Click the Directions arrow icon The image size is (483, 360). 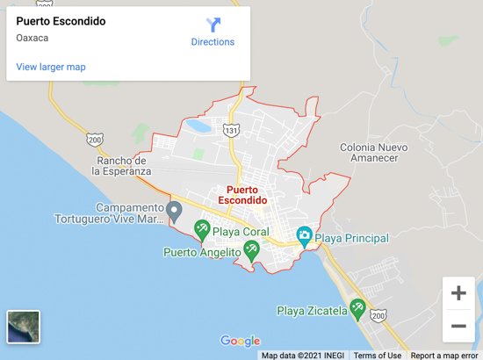click(x=213, y=25)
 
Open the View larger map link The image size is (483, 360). click(x=51, y=67)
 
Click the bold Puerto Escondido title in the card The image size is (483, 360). click(x=61, y=21)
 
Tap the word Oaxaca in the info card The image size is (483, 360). click(x=32, y=38)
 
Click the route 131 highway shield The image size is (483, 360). click(x=231, y=130)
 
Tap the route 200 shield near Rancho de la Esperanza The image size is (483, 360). click(x=95, y=139)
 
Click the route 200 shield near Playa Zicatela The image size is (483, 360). click(x=378, y=315)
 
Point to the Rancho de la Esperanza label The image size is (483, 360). click(x=122, y=166)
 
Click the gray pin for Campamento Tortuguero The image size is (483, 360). click(x=174, y=211)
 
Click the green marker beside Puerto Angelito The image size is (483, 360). click(x=251, y=250)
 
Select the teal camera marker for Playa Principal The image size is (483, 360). click(x=304, y=235)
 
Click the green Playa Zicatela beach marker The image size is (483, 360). click(x=357, y=307)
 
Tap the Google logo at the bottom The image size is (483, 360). click(x=241, y=342)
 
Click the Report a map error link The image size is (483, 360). click(x=444, y=356)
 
